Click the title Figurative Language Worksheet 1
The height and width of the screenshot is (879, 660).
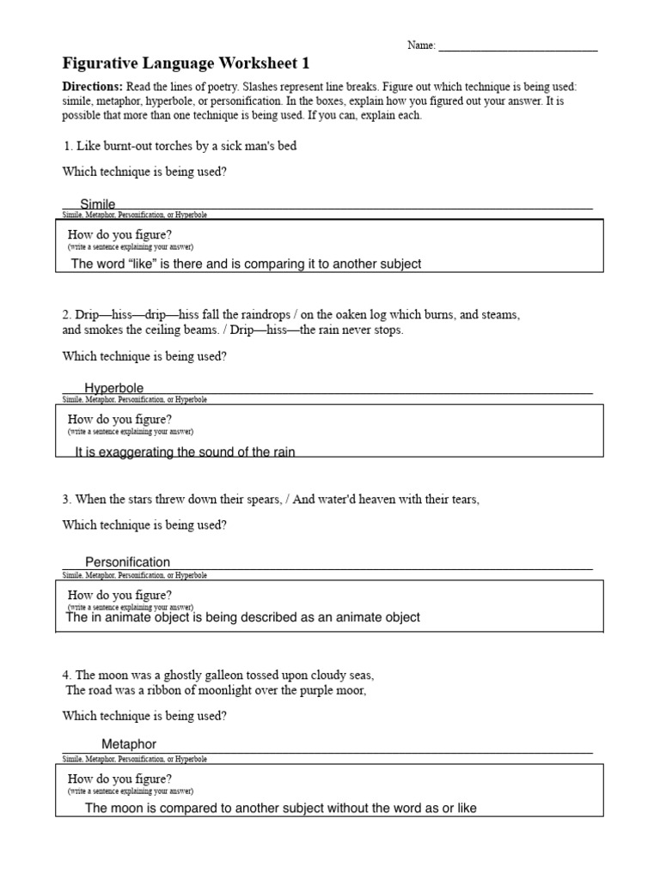[186, 64]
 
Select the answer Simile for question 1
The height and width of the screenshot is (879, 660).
[98, 204]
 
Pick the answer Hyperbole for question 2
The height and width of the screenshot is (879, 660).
[114, 389]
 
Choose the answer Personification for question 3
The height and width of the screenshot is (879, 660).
[127, 562]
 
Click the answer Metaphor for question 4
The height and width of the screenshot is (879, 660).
[129, 744]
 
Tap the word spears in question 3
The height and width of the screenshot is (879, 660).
[263, 500]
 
